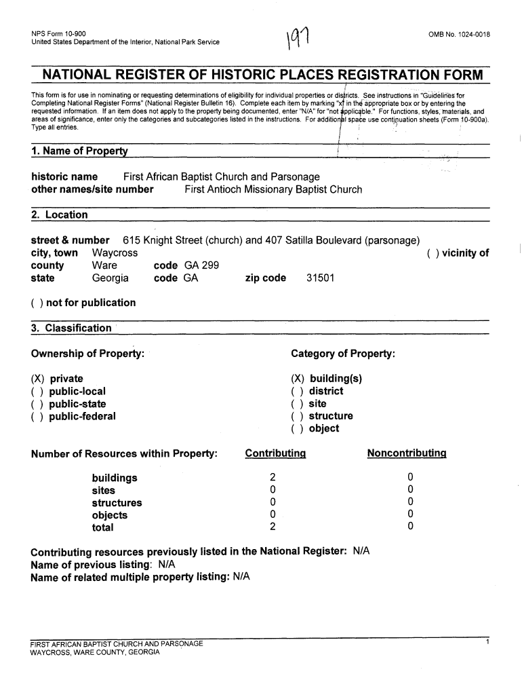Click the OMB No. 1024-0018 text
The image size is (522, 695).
(458, 33)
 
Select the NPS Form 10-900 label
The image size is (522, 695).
(58, 33)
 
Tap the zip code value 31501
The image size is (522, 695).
(319, 278)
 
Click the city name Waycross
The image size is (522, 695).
(115, 252)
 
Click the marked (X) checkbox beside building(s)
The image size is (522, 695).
(298, 379)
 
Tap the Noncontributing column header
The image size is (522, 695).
(406, 453)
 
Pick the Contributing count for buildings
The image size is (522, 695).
(273, 478)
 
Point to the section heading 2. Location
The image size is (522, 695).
(60, 215)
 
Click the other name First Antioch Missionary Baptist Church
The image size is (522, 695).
(273, 189)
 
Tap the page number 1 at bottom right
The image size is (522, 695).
(487, 641)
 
